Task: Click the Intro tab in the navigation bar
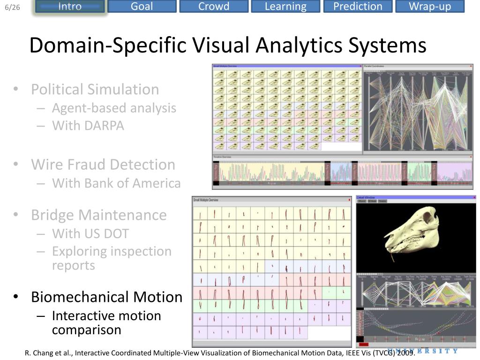(70, 7)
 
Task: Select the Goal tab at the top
(142, 7)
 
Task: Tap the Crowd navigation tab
(214, 7)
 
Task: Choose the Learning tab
(285, 7)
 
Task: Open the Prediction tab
(358, 7)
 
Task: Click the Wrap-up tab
(429, 7)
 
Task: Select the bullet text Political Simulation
(95, 89)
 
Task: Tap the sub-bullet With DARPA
(88, 126)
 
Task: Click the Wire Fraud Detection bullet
(103, 165)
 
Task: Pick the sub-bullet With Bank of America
(116, 183)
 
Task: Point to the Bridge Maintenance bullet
(99, 215)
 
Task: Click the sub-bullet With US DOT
(90, 233)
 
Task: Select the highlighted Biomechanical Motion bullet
(106, 297)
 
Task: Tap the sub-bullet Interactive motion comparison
(106, 322)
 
